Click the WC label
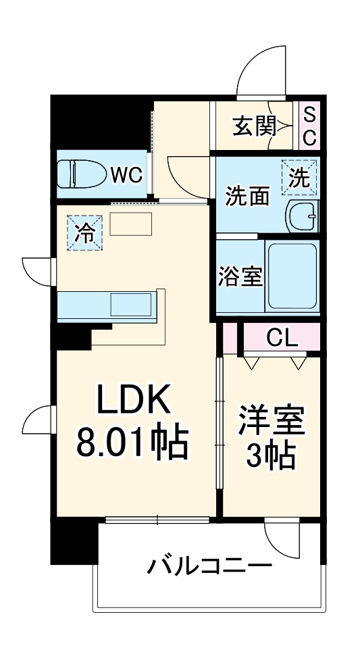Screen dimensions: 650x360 (x=126, y=174)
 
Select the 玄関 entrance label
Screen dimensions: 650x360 (x=254, y=126)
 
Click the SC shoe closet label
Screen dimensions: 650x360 (x=309, y=126)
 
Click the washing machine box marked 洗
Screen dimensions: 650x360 (x=299, y=177)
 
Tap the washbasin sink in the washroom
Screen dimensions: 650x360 (x=301, y=216)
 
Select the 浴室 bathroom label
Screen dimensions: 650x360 (x=240, y=276)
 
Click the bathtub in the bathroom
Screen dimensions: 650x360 (x=292, y=275)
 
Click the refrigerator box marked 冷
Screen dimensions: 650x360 (x=85, y=233)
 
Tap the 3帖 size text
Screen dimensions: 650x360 (x=272, y=457)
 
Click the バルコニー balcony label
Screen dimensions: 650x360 (x=210, y=565)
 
